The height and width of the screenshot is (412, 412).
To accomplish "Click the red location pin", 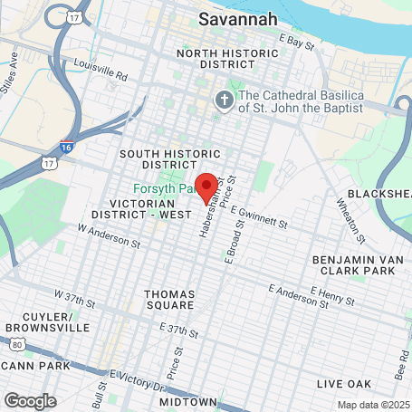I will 206,186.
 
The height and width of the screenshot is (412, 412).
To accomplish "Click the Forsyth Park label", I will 163,188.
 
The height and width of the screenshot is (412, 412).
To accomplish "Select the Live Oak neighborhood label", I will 344,384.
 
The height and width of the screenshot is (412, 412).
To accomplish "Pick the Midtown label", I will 188,401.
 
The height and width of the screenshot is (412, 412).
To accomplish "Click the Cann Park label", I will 36,365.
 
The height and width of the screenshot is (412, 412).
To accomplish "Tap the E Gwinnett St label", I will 259,217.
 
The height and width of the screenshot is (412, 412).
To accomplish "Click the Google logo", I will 30,400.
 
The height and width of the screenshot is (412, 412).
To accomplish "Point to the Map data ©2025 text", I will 373,405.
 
